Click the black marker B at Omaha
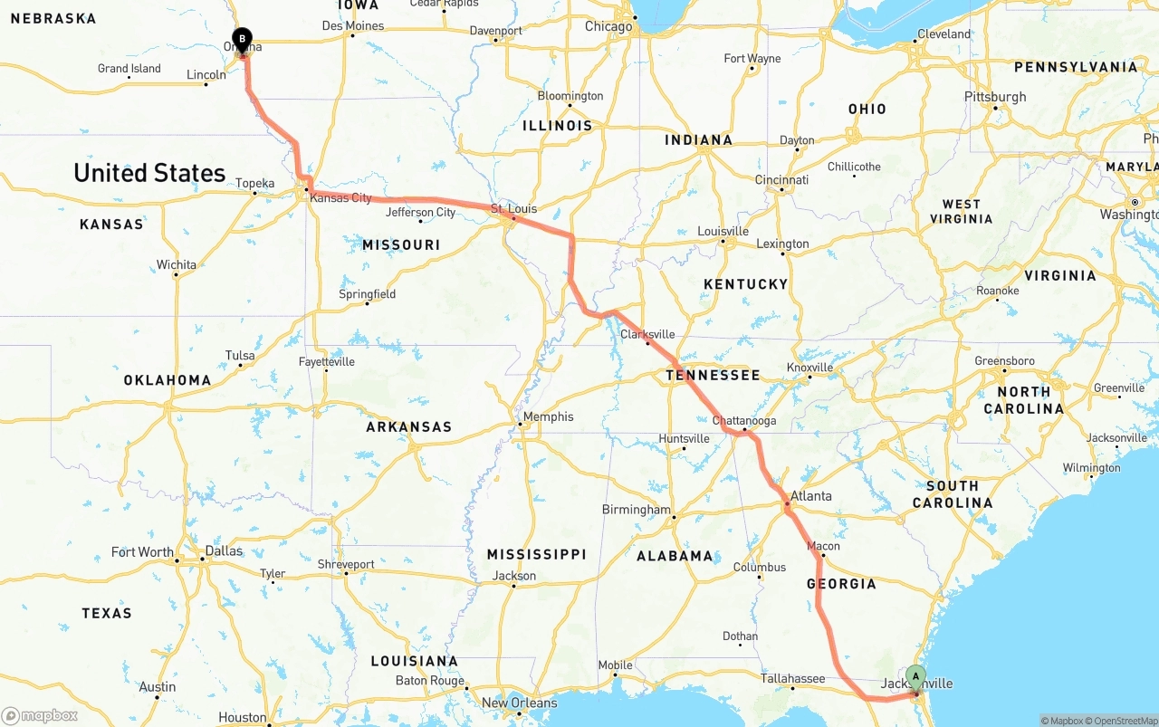click(242, 38)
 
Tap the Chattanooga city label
click(744, 421)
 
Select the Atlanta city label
click(810, 496)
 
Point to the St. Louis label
click(513, 208)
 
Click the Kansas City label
click(340, 197)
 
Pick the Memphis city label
click(548, 416)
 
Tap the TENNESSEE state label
click(713, 375)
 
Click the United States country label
click(149, 173)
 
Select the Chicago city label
click(608, 26)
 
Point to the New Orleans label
click(519, 703)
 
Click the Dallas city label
click(224, 550)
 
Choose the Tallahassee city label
click(792, 678)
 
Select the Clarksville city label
click(647, 334)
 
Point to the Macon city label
click(823, 546)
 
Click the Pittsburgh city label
click(995, 97)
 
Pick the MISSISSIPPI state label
click(536, 554)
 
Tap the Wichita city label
click(176, 264)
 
